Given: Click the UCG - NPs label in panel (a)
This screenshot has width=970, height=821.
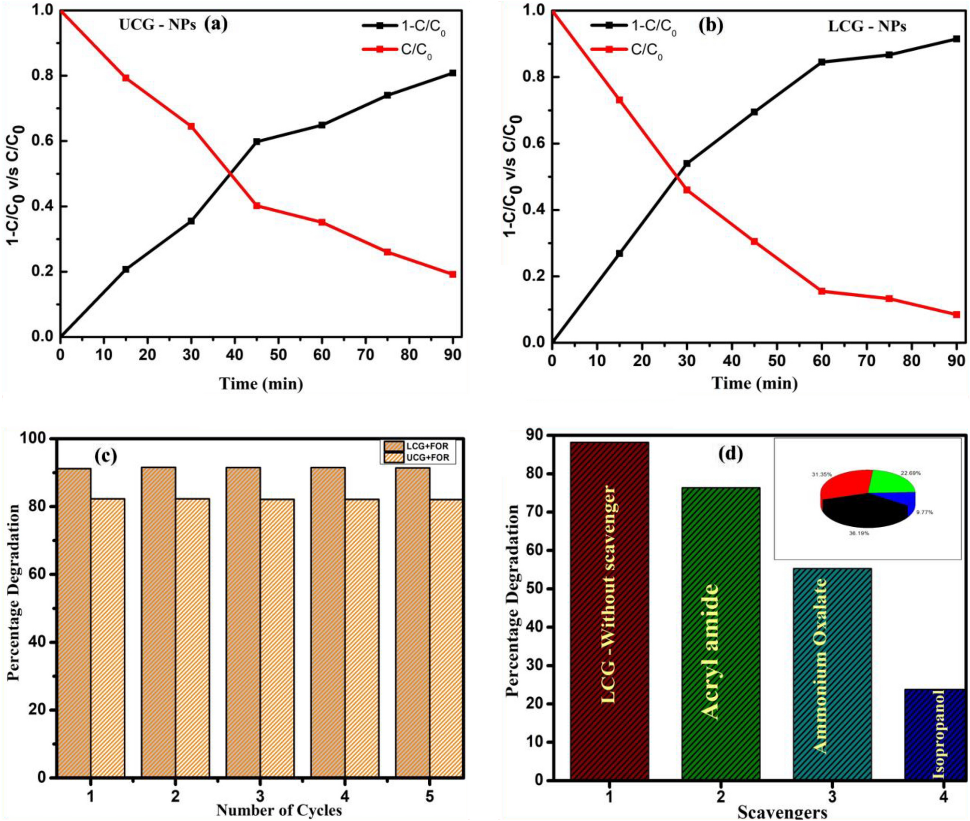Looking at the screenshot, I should (158, 25).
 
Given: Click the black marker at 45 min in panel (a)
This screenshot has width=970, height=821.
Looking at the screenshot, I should (257, 142).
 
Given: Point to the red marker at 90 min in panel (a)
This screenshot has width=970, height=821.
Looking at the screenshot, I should (452, 274).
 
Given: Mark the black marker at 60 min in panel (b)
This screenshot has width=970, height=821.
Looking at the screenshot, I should (821, 62).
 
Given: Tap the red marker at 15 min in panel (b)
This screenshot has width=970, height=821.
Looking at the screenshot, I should (619, 100).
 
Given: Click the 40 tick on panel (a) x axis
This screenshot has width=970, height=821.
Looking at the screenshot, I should (235, 355).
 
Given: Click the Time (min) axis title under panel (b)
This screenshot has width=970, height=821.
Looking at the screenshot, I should (754, 383).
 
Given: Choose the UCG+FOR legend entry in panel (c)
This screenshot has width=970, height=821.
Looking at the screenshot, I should (418, 457).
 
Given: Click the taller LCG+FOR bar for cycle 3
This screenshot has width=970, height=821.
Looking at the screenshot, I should (243, 623).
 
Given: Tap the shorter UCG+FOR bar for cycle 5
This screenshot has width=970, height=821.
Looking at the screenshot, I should (446, 638).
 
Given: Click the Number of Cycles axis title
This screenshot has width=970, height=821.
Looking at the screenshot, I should (279, 810).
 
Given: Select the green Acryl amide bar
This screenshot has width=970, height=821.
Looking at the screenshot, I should (721, 633).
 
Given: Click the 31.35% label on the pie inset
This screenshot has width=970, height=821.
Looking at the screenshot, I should (821, 475).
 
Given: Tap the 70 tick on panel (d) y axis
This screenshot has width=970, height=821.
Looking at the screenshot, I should (537, 512).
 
